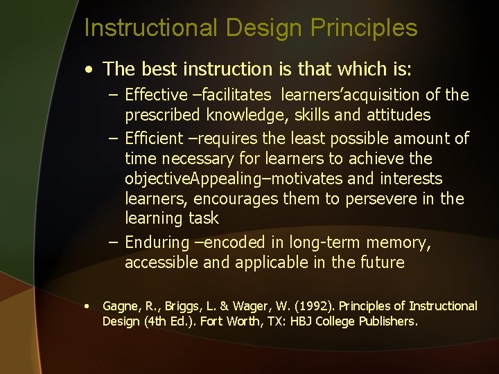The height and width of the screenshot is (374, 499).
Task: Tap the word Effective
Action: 157,95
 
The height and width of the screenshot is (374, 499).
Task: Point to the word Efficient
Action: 156,139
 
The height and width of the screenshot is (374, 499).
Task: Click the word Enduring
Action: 157,242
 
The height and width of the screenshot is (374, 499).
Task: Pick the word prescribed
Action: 160,115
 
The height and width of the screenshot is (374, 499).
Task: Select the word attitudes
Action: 392,115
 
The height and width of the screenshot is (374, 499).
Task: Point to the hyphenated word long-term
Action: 323,242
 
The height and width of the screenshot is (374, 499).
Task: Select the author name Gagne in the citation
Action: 119,306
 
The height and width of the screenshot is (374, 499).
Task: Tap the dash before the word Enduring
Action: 113,242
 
